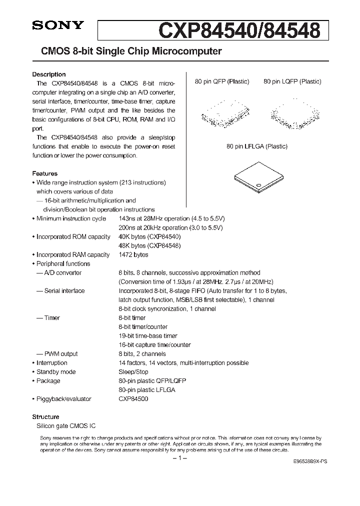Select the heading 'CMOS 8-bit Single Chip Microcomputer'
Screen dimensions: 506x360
tap(127, 51)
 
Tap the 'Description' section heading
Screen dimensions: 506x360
tap(49, 74)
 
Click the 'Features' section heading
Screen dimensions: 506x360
tap(44, 173)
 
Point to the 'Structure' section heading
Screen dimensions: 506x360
tap(45, 416)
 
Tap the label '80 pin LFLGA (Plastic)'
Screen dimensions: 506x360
tap(257, 146)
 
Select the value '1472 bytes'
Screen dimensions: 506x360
tap(133, 254)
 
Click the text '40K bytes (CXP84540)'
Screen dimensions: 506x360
tap(149, 236)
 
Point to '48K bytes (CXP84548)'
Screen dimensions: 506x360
tap(149, 245)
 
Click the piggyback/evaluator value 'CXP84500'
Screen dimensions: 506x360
tap(133, 398)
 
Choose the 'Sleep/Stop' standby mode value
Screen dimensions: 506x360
tap(133, 371)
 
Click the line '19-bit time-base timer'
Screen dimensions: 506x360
tap(148, 335)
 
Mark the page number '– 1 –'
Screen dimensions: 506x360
tap(179, 458)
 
